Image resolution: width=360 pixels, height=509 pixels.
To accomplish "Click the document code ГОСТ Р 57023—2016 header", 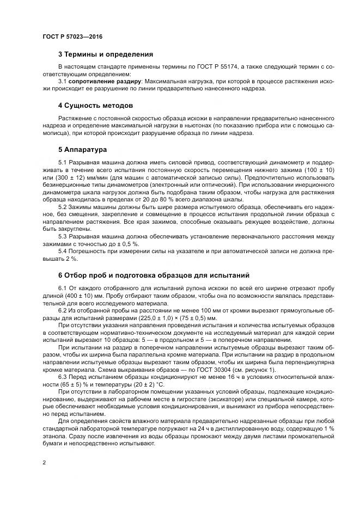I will click(x=72, y=36).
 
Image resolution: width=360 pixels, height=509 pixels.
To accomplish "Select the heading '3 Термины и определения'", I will click(x=105, y=54).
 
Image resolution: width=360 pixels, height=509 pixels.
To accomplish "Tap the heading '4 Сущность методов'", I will click(x=95, y=105).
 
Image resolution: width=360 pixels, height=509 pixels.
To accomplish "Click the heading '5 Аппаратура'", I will click(x=83, y=149).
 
